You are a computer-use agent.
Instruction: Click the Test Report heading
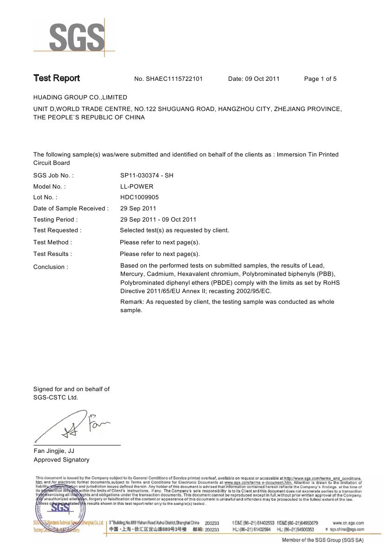pos(57,79)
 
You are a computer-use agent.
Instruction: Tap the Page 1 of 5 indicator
pos(320,79)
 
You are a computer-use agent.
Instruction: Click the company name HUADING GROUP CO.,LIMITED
pos(80,98)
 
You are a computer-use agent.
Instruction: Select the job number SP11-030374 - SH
pos(146,176)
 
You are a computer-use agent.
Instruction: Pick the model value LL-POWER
pos(137,187)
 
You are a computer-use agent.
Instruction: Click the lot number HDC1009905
pos(139,197)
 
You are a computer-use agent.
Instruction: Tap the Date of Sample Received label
pos(71,209)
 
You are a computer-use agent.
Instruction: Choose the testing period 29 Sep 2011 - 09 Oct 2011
pos(158,220)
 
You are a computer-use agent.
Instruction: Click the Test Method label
pos(52,242)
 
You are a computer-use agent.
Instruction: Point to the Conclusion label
pos(51,267)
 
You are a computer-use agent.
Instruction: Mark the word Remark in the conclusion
pos(131,302)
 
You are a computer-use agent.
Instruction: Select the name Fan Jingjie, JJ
pos(54,451)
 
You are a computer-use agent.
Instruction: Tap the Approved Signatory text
pos(61,460)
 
